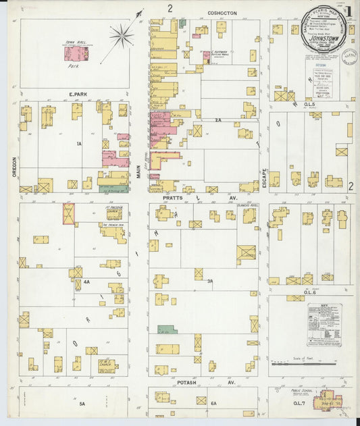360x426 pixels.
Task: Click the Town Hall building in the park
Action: pyautogui.click(x=74, y=53)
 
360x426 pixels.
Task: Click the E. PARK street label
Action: pyautogui.click(x=74, y=95)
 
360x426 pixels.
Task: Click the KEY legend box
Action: pyautogui.click(x=324, y=325)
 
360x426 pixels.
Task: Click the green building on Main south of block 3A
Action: pyautogui.click(x=167, y=329)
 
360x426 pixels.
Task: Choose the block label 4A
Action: pyautogui.click(x=86, y=282)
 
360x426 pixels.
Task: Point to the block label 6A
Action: pyautogui.click(x=213, y=404)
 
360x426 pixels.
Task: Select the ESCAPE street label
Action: pyautogui.click(x=264, y=178)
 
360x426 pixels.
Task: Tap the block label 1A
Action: pyautogui.click(x=78, y=144)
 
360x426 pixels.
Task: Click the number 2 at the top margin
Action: pyautogui.click(x=170, y=8)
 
